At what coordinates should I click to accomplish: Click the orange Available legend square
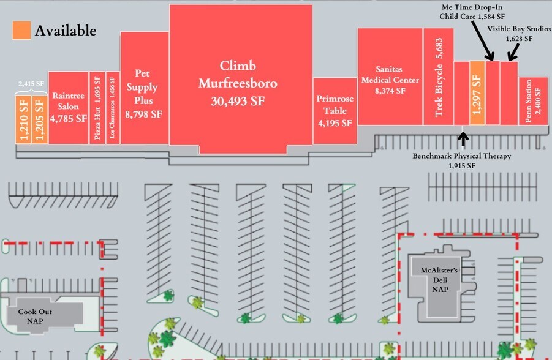21,31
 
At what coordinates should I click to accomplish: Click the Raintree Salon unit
69,108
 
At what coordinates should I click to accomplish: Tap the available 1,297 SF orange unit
477,93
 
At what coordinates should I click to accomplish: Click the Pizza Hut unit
97,108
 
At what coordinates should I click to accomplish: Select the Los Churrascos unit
112,108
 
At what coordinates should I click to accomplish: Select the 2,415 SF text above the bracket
31,84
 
